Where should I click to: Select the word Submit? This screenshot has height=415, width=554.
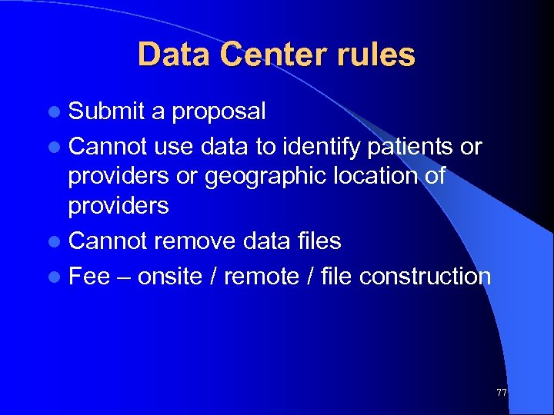[106, 111]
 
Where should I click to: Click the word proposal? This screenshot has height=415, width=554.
[219, 112]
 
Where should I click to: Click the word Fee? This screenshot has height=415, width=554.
[89, 276]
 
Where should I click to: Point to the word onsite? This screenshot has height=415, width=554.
[171, 276]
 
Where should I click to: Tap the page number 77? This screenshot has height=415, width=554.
[502, 393]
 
